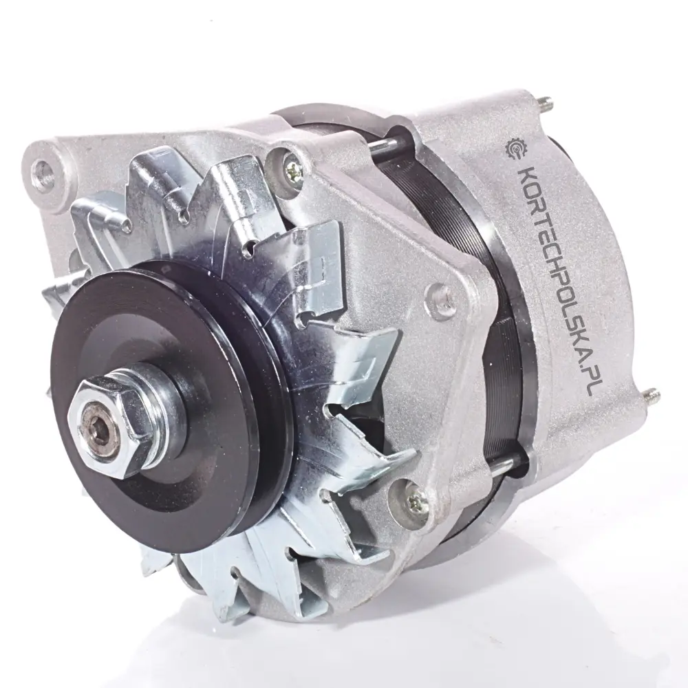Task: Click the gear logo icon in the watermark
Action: pyautogui.click(x=517, y=151)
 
